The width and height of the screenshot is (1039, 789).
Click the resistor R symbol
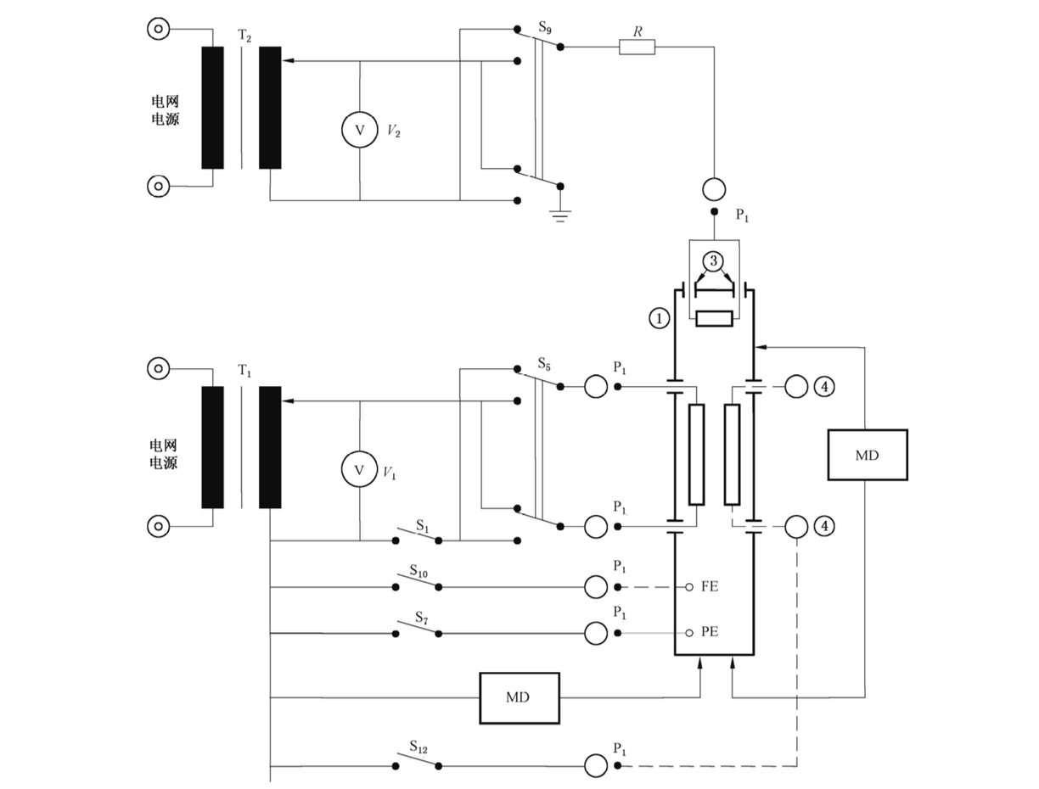click(x=637, y=48)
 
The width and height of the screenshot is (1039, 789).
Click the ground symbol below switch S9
click(x=560, y=216)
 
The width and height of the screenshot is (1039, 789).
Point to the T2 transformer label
click(x=244, y=36)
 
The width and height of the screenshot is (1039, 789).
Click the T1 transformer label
click(x=244, y=371)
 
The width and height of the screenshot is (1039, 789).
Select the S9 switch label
click(x=545, y=28)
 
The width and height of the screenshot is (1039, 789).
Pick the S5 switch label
click(x=544, y=364)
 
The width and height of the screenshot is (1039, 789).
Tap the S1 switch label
click(x=422, y=526)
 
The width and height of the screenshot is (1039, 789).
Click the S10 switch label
click(x=418, y=571)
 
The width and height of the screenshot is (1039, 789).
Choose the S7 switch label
click(x=422, y=618)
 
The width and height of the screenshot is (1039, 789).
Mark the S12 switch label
click(x=418, y=747)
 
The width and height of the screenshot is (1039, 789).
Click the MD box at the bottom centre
click(x=519, y=698)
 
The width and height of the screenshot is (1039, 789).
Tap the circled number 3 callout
click(x=713, y=261)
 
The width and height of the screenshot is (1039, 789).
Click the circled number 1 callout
click(x=660, y=318)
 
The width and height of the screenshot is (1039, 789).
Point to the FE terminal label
click(x=710, y=586)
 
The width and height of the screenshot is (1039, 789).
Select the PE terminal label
click(x=710, y=632)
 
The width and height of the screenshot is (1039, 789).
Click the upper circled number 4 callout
click(x=824, y=387)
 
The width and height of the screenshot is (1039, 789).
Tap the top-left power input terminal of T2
click(x=158, y=30)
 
